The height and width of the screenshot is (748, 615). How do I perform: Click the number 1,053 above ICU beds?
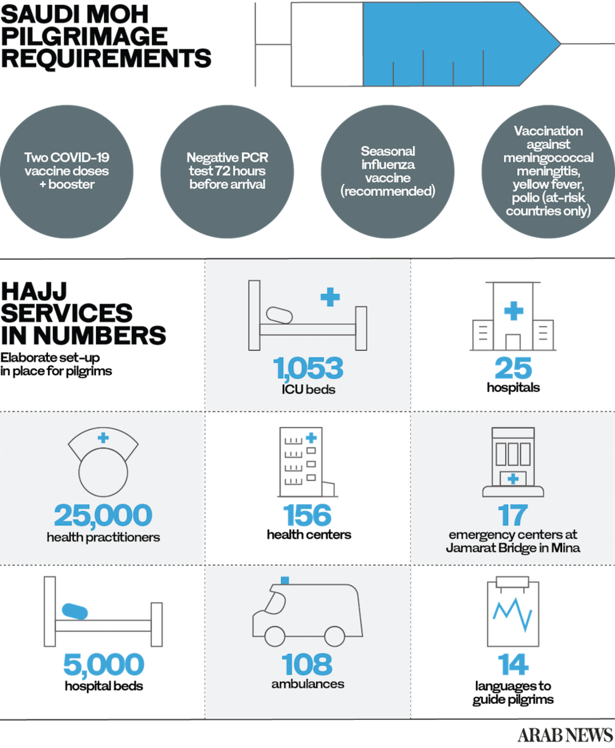coord(308,368)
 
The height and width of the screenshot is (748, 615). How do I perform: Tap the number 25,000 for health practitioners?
coord(103,515)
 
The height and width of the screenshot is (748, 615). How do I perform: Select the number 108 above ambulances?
coord(307,664)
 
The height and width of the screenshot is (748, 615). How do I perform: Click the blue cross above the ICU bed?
coord(330,297)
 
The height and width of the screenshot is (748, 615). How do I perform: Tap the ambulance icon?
coord(307,614)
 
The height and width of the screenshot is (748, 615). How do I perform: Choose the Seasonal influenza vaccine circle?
coord(388,171)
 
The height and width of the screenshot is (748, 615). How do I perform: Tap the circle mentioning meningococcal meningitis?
coord(548,171)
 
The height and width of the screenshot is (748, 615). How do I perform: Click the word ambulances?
coord(307,684)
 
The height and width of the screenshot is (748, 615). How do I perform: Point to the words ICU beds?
coord(308,390)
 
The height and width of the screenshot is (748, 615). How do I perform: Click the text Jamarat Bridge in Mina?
coord(512,549)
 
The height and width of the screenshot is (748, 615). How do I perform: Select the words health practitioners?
coord(103,537)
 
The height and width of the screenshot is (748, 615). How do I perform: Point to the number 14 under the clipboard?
coord(513,664)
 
